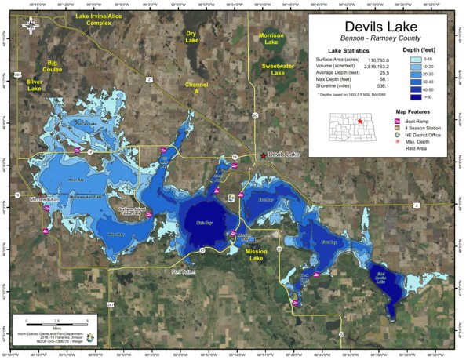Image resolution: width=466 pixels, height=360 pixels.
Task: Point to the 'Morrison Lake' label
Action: click(x=271, y=38)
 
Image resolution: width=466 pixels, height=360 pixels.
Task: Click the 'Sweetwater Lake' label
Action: click(x=279, y=71)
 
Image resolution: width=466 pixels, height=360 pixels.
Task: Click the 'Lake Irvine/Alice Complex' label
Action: click(x=99, y=19)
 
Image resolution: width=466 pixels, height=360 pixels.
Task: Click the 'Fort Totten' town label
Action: click(x=187, y=271)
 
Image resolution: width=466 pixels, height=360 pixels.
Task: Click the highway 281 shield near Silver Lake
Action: click(x=17, y=75)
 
